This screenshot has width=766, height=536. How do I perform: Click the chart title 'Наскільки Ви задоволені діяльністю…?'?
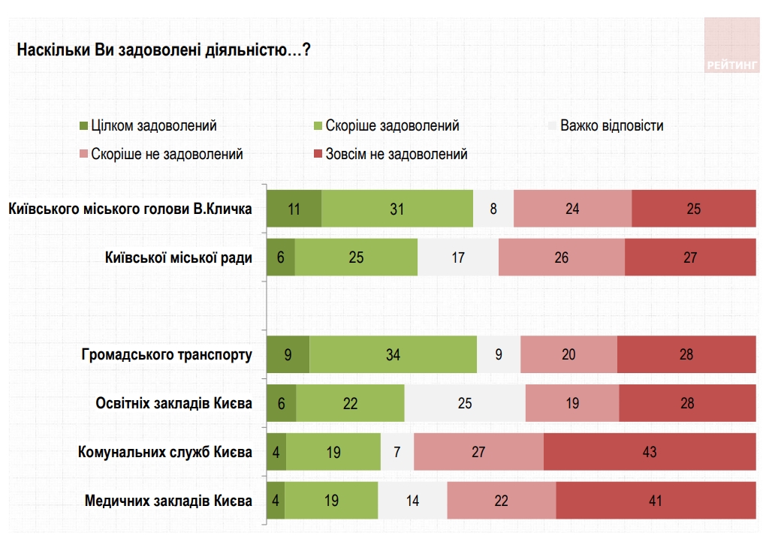[x=164, y=51]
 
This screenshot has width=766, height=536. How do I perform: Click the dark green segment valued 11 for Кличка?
[x=294, y=209]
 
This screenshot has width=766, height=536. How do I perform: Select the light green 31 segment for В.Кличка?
[x=397, y=209]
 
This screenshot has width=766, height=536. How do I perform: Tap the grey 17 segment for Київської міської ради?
[x=458, y=257]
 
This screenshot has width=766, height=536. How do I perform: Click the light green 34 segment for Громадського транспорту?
[x=393, y=354]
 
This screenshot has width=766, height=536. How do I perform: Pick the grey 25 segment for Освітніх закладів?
[x=465, y=403]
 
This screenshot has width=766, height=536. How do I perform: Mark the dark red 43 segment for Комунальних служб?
[x=650, y=452]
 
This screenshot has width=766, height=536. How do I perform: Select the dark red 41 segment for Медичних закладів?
[x=656, y=501]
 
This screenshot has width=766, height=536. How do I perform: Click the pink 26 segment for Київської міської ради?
[x=561, y=257]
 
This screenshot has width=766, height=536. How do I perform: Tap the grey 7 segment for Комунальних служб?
[x=397, y=452]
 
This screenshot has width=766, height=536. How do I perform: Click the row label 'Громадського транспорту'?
[x=167, y=354]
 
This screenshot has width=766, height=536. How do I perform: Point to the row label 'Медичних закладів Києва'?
[x=168, y=501]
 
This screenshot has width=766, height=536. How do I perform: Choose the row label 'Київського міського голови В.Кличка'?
[x=130, y=209]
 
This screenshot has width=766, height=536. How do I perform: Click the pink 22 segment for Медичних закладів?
[x=501, y=501]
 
